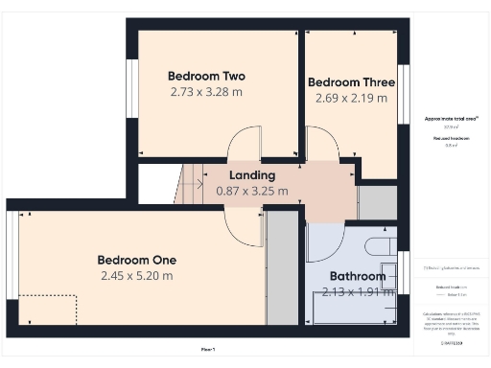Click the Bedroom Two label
(x=206, y=76)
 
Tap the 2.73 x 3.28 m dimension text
(x=206, y=92)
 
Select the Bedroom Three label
(x=352, y=81)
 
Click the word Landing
(x=252, y=175)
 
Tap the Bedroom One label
(x=137, y=260)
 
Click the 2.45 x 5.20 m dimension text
(x=137, y=276)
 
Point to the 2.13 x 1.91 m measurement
(x=353, y=291)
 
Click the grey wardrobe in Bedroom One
(x=282, y=267)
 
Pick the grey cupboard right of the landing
(x=377, y=202)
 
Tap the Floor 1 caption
(x=208, y=348)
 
